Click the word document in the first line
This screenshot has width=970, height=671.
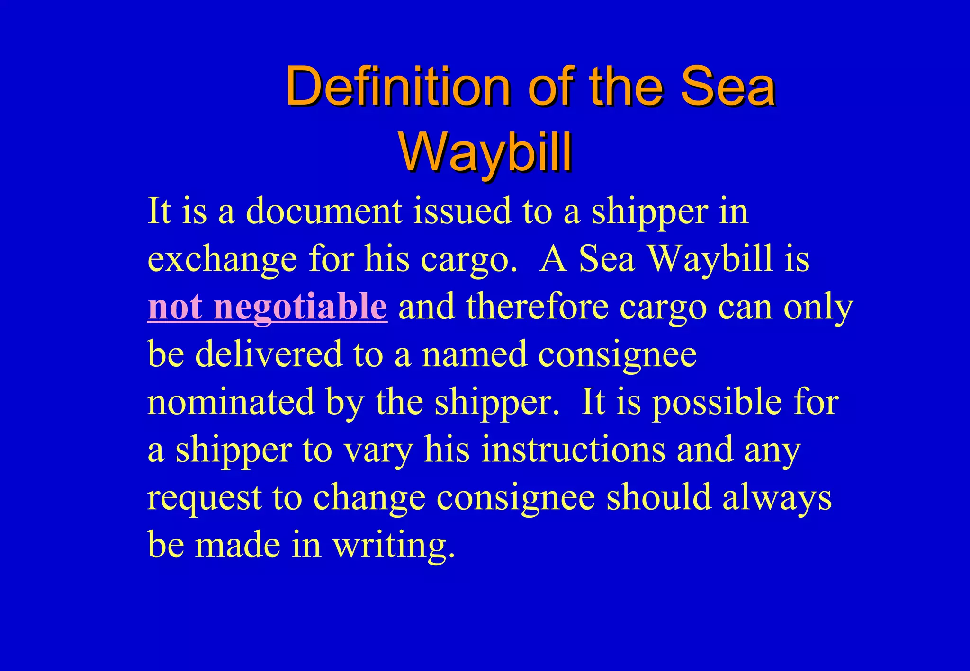pyautogui.click(x=324, y=211)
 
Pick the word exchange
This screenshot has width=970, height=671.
pyautogui.click(x=222, y=259)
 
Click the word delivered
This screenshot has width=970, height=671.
pyautogui.click(x=269, y=354)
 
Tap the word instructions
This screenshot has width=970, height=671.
pyautogui.click(x=574, y=450)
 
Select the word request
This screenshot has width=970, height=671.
pyautogui.click(x=205, y=498)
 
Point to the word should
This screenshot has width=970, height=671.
pyautogui.click(x=659, y=498)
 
